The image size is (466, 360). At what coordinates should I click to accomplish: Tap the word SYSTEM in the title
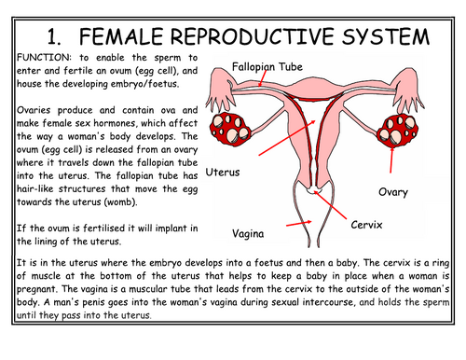[384, 36]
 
